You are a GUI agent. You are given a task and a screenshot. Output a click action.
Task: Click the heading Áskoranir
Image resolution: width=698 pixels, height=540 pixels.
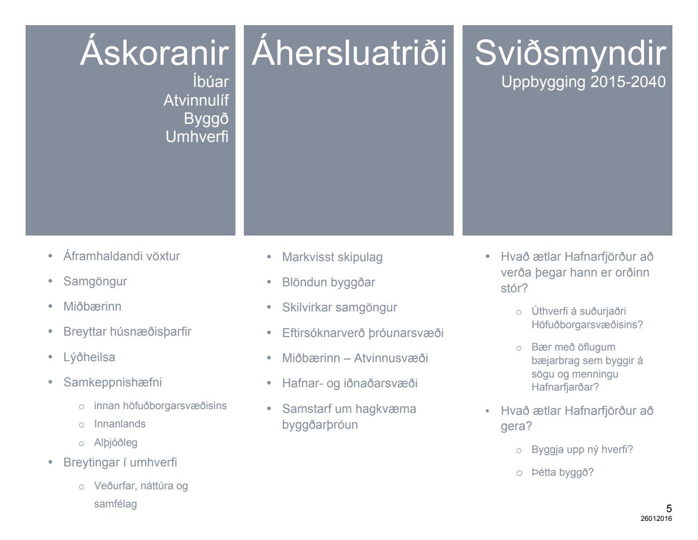pos(154,51)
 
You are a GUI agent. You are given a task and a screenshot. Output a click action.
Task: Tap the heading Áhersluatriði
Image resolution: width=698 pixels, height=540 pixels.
pos(349,51)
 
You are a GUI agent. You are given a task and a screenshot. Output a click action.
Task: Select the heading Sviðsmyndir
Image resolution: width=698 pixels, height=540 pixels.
pos(570,54)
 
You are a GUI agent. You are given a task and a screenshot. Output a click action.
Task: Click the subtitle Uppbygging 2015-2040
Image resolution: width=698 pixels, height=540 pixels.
pos(584,82)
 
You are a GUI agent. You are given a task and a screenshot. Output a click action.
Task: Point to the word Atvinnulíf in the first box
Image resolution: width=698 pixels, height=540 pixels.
pos(196,100)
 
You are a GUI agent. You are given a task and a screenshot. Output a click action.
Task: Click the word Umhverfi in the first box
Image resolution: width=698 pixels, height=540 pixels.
pos(197,137)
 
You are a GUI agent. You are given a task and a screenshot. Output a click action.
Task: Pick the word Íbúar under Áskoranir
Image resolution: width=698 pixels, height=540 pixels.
pos(211,81)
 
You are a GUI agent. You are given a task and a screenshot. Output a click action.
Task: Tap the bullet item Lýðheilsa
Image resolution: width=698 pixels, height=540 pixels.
pos(89,357)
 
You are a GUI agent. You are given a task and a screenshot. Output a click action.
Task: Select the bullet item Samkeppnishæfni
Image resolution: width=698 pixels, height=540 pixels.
pos(113,382)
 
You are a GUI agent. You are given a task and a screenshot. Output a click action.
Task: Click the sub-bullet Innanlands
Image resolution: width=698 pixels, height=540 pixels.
pos(120,424)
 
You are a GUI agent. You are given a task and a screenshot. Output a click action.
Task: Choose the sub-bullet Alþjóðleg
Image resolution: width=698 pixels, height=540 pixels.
pos(116,443)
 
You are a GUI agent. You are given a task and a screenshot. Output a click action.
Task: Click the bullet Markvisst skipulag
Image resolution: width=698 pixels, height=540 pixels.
pos(332,257)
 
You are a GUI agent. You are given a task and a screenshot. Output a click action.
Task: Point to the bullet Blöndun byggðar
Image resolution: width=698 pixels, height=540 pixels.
pos(328,283)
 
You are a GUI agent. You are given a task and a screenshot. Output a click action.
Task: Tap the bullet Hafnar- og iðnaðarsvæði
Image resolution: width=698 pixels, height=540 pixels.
pos(349,383)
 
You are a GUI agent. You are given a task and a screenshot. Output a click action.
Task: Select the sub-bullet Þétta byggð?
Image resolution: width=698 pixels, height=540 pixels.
pos(562,472)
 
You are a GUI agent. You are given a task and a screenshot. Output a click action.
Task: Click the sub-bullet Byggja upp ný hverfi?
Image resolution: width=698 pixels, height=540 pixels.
pos(582,449)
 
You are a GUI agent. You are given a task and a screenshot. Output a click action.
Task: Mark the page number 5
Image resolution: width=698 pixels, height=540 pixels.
pos(668,508)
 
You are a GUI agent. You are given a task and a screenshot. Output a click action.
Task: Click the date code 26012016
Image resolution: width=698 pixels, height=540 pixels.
pos(656,519)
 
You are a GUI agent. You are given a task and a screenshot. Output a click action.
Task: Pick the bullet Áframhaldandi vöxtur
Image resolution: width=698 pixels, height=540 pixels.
pos(121,256)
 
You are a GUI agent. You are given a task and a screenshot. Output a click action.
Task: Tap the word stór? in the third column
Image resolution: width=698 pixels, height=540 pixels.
pos(514,289)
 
